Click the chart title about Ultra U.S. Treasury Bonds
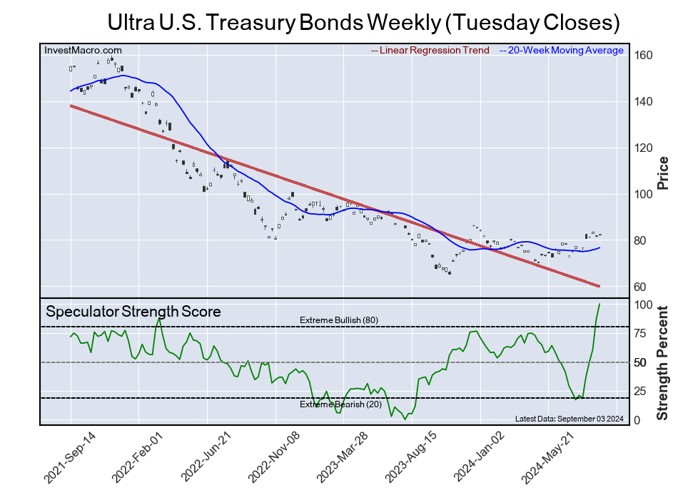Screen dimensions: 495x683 363,22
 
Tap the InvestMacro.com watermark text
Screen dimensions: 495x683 83,50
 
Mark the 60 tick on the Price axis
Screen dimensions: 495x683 641,287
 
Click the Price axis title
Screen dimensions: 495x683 663,172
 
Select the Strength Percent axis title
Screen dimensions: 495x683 663,363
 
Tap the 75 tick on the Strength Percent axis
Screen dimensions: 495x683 641,333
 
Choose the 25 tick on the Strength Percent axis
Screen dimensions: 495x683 641,392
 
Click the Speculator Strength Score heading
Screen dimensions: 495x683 133,312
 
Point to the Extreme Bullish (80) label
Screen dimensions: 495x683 338,320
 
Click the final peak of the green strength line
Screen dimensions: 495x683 599,304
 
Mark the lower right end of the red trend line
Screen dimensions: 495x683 599,286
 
